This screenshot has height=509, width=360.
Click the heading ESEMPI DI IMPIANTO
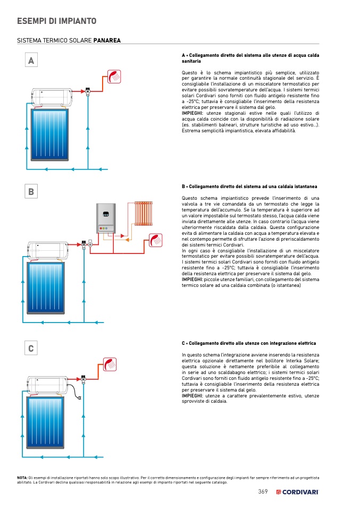[x=56, y=21]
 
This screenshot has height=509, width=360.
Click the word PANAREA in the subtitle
[x=107, y=40]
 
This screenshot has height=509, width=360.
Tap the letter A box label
[x=31, y=61]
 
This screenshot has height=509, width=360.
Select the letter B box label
[x=31, y=192]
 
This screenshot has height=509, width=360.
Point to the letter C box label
[x=31, y=349]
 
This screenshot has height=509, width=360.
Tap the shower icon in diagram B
[x=156, y=240]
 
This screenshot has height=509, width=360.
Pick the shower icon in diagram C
[x=111, y=365]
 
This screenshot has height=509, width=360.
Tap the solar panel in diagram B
[x=46, y=287]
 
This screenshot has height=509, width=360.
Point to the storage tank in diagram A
[x=51, y=97]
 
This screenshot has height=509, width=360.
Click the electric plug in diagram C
[x=80, y=399]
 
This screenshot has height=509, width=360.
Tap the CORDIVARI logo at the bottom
[x=297, y=491]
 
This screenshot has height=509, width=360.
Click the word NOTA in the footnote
[x=22, y=478]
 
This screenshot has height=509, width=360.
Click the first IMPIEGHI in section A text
[x=192, y=113]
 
